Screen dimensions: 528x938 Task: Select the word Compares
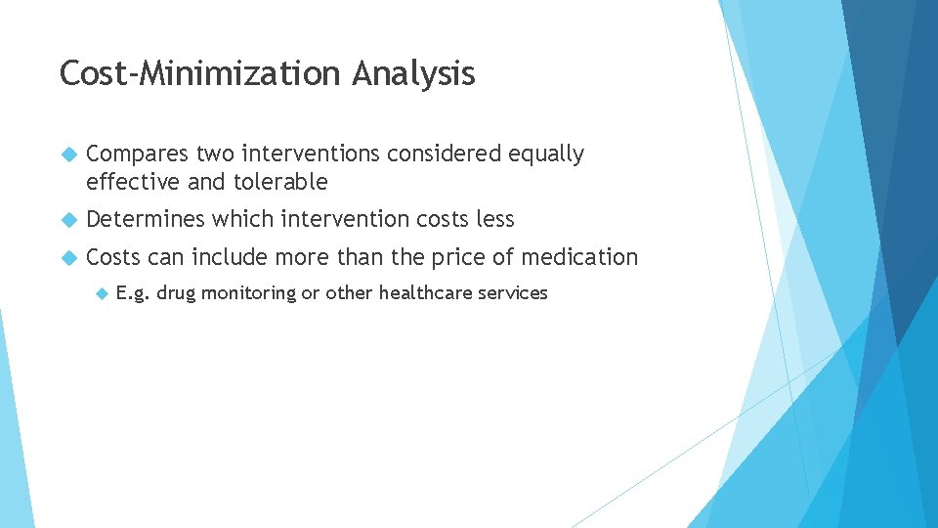(x=138, y=154)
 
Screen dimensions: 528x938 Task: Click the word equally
(x=546, y=154)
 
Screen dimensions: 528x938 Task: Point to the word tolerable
(x=281, y=182)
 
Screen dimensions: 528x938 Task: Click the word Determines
(x=146, y=219)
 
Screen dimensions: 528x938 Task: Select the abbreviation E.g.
(x=133, y=293)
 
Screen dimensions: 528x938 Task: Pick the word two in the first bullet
(x=217, y=154)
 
